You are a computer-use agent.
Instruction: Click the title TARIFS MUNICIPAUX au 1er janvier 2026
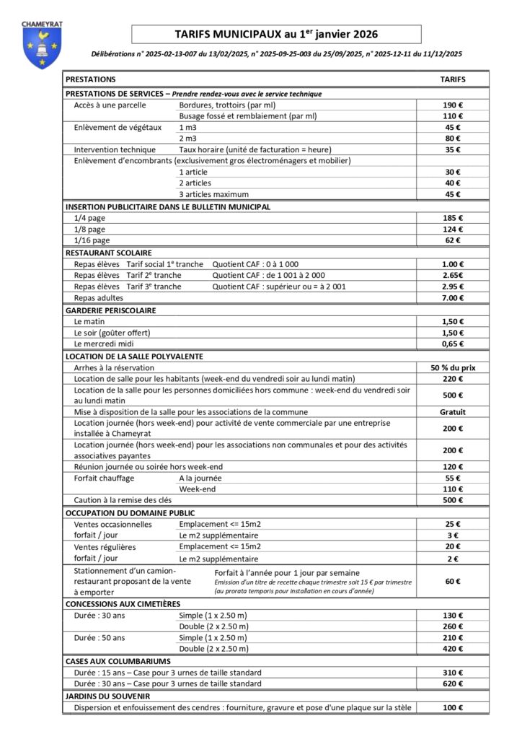275,34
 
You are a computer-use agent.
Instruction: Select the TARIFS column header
453,79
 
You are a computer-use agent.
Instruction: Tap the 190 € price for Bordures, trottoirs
453,105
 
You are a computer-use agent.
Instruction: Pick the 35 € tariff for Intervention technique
453,150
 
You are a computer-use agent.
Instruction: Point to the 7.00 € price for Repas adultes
453,297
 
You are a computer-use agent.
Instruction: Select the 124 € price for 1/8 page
453,229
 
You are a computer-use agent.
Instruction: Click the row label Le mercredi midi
105,344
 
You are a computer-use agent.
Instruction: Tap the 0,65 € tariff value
453,344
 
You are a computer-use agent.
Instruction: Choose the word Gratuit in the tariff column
453,412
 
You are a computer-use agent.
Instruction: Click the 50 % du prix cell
453,367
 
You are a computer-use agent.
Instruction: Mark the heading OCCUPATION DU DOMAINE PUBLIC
130,513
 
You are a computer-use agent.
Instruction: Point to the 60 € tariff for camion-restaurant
453,581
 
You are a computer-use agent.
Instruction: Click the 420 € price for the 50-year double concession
453,649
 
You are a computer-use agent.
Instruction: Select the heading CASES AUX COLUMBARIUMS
118,661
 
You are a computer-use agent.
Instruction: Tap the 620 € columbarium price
453,683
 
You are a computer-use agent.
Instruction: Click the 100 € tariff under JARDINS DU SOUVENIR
453,708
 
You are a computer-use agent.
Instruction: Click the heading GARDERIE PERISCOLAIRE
111,310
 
